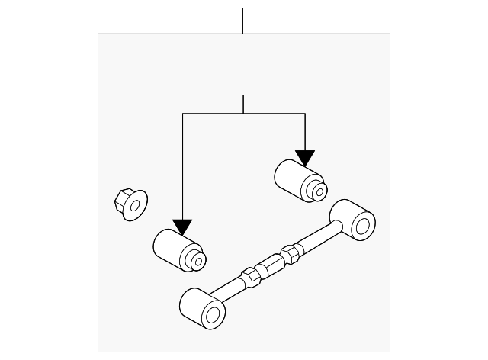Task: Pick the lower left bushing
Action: [x=178, y=249]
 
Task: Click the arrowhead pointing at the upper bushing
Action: [x=305, y=157]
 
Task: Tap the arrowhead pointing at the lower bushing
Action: [x=183, y=227]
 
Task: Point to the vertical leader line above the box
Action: [x=242, y=20]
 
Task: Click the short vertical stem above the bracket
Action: [x=242, y=104]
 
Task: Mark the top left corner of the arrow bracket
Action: [x=183, y=114]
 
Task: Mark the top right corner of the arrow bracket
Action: [x=305, y=114]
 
